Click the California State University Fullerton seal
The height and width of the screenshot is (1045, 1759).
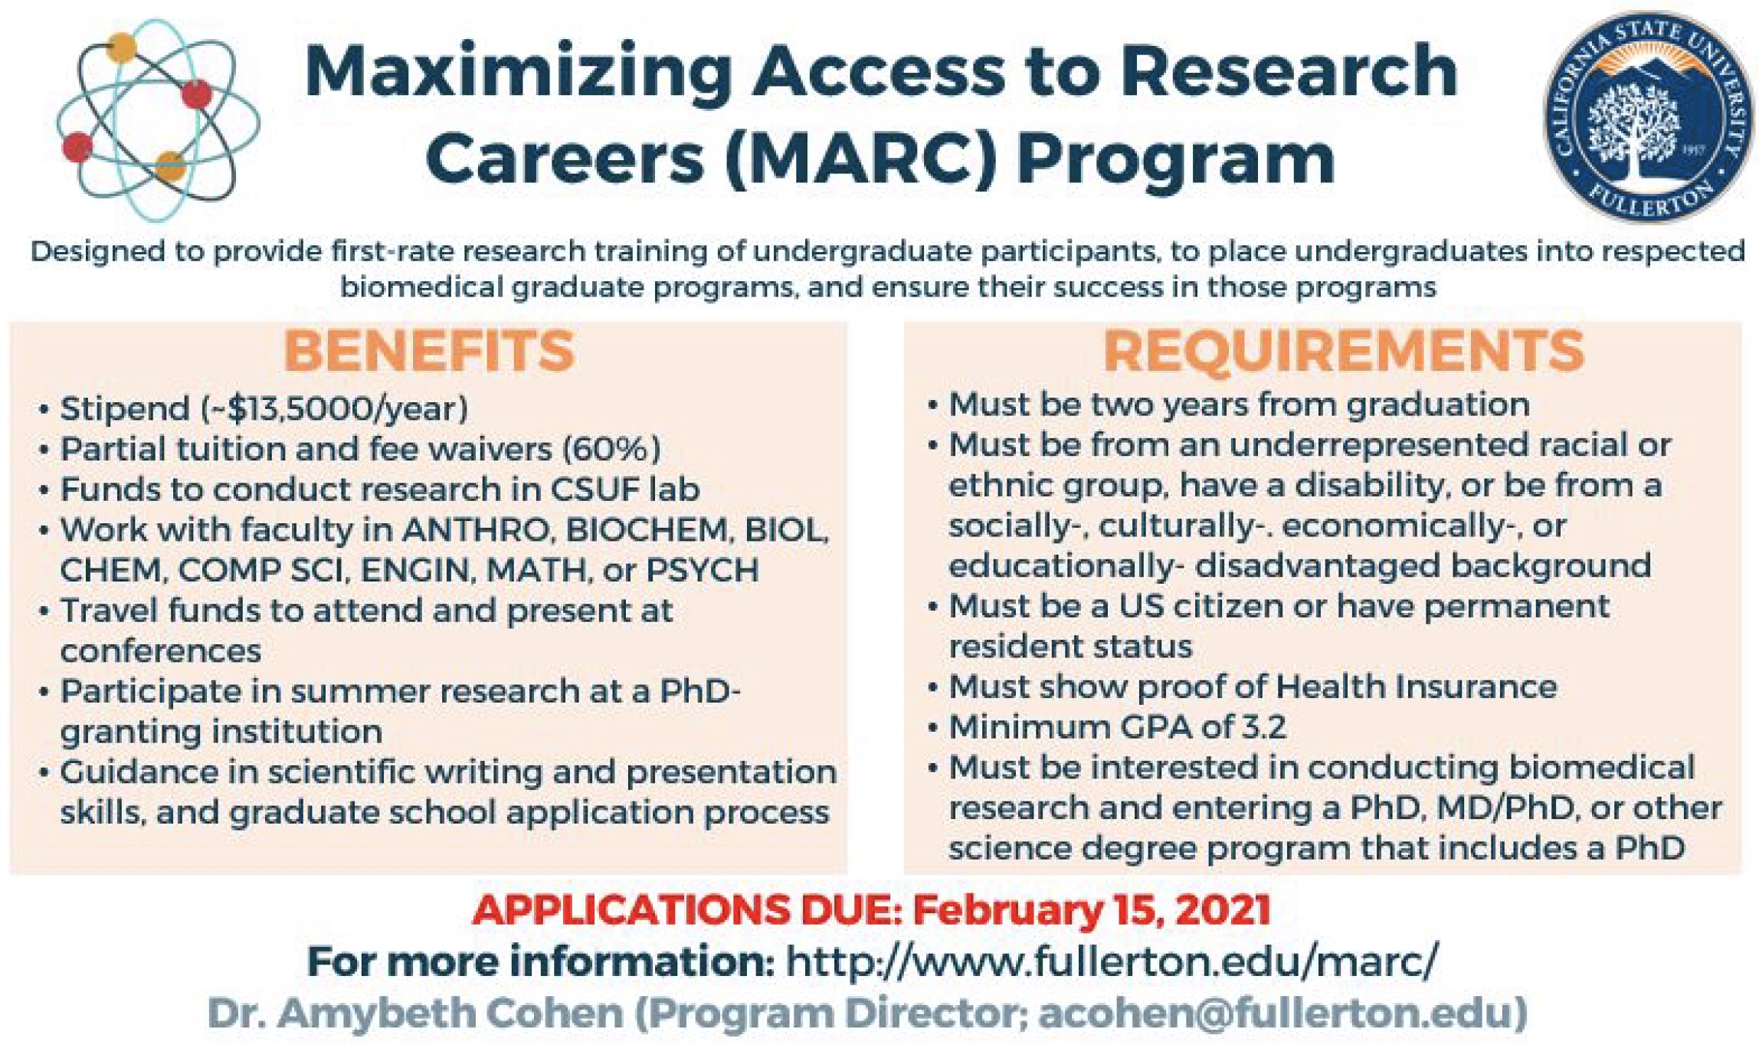[x=1648, y=117]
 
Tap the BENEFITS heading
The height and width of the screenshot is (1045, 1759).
[x=429, y=352]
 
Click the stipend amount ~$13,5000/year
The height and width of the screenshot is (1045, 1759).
[x=334, y=409]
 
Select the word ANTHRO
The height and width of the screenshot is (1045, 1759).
[x=476, y=530]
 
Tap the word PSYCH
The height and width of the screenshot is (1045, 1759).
[x=703, y=571]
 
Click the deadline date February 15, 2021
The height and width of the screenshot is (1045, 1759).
[x=1092, y=910]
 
